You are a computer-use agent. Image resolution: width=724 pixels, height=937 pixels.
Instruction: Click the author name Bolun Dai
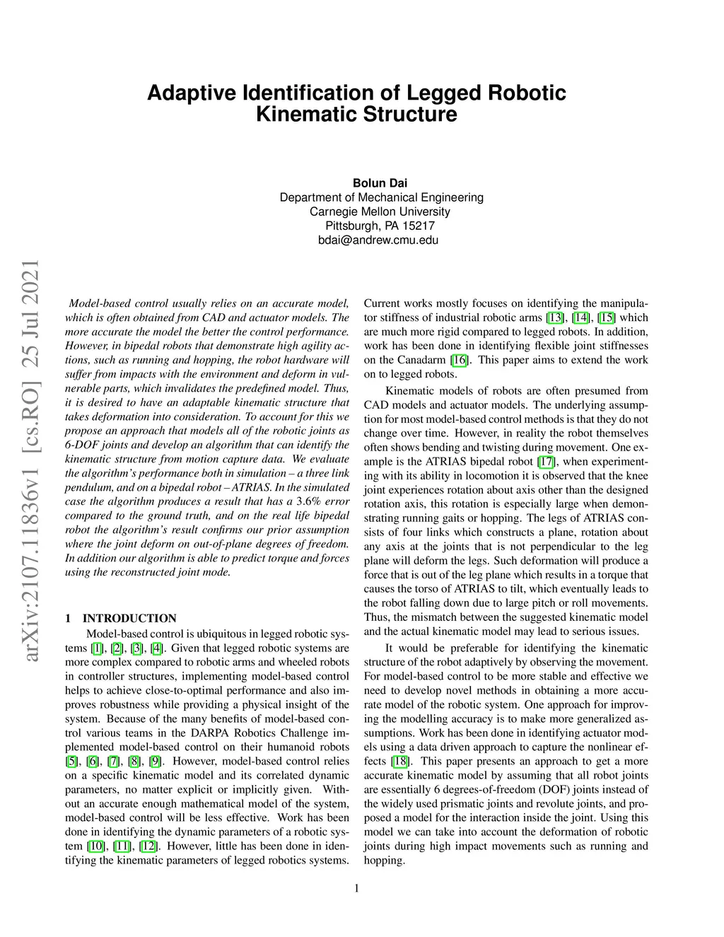click(x=380, y=183)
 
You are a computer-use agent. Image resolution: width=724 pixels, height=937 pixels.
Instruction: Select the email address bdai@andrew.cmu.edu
click(x=378, y=240)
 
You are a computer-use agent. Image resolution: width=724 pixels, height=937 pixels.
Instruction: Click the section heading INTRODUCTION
click(x=129, y=618)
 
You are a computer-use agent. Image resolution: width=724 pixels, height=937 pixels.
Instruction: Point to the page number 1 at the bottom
click(x=356, y=888)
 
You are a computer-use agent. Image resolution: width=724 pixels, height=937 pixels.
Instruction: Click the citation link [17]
click(x=546, y=462)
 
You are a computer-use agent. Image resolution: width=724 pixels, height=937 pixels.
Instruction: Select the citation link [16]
click(x=460, y=360)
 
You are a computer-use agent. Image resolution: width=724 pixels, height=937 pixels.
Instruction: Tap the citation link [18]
click(x=400, y=761)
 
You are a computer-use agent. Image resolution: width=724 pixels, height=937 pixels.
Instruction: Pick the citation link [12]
click(x=148, y=846)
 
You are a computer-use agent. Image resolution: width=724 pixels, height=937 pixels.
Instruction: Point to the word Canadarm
click(x=426, y=360)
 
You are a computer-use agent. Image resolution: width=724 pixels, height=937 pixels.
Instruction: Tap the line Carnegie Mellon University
click(x=380, y=211)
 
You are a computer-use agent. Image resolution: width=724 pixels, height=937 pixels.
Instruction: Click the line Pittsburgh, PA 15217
click(x=380, y=226)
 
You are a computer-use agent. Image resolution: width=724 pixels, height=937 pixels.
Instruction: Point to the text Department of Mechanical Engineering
click(x=381, y=197)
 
